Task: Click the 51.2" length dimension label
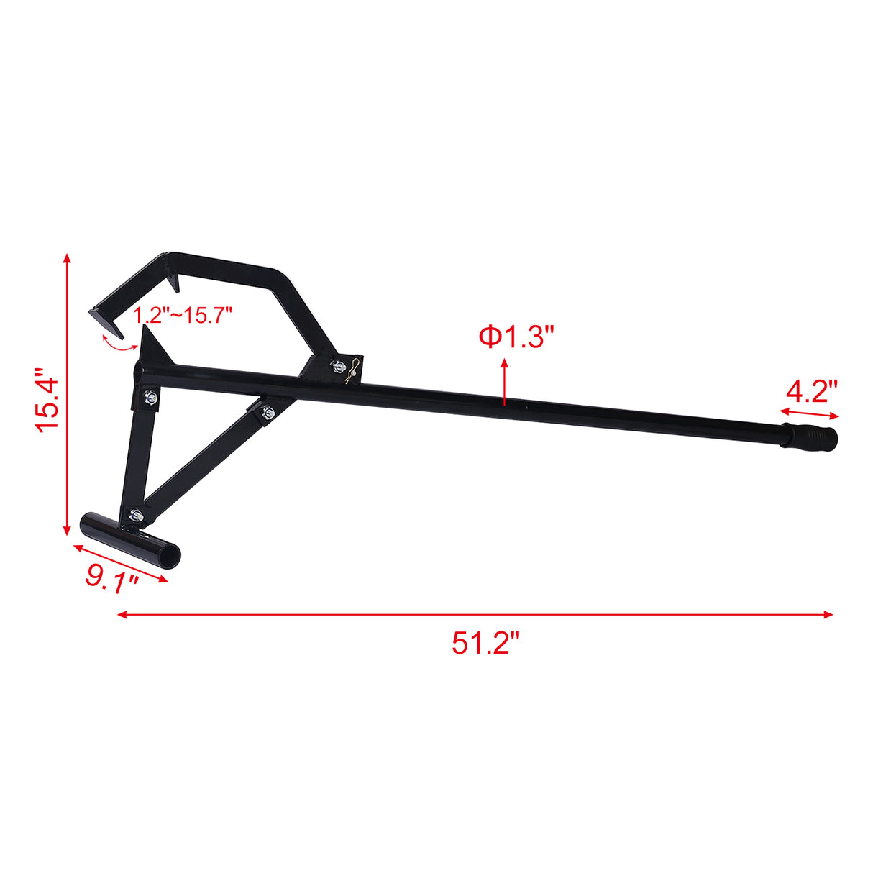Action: (485, 642)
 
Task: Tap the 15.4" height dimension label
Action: (50, 401)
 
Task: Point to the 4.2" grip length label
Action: (812, 393)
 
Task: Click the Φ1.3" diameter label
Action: (517, 337)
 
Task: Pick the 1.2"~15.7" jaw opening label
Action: (183, 314)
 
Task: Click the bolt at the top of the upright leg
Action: (150, 398)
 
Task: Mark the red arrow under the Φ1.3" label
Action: (505, 381)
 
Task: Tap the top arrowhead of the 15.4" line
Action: (67, 259)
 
